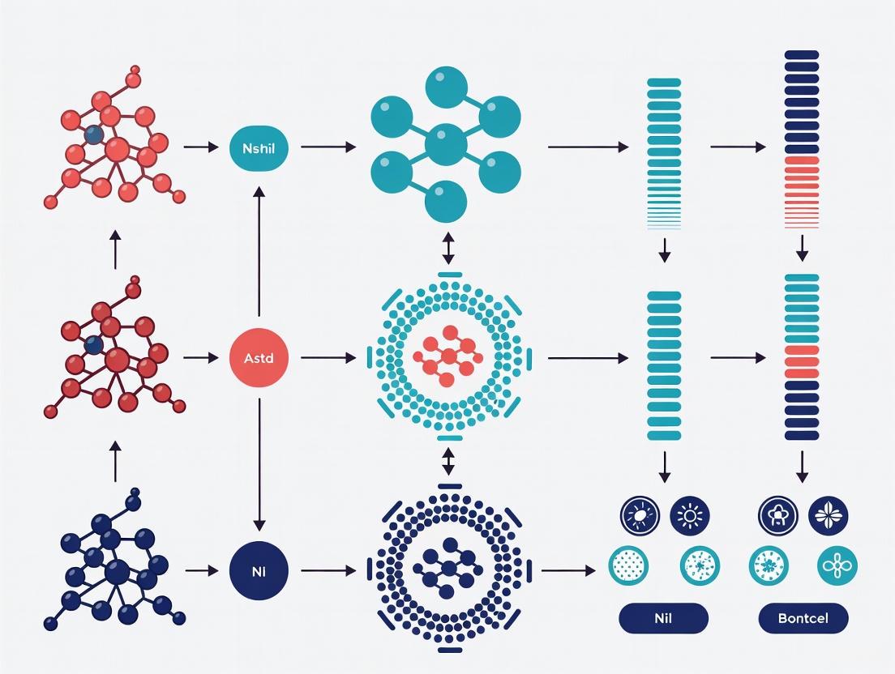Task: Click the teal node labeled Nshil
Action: coord(259,147)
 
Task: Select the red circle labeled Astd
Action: coord(259,357)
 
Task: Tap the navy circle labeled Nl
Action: coord(259,571)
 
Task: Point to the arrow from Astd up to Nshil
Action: coord(259,251)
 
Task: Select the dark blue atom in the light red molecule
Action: coord(94,134)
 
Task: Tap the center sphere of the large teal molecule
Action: coord(445,146)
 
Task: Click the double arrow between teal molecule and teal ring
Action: coord(448,248)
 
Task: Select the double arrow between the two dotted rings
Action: coord(448,462)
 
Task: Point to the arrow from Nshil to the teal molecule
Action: coord(328,147)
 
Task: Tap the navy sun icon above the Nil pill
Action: coord(690,514)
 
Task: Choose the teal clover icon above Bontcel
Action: coord(837,565)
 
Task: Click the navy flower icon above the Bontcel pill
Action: coord(829,514)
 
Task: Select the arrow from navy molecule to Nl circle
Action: coord(202,571)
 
